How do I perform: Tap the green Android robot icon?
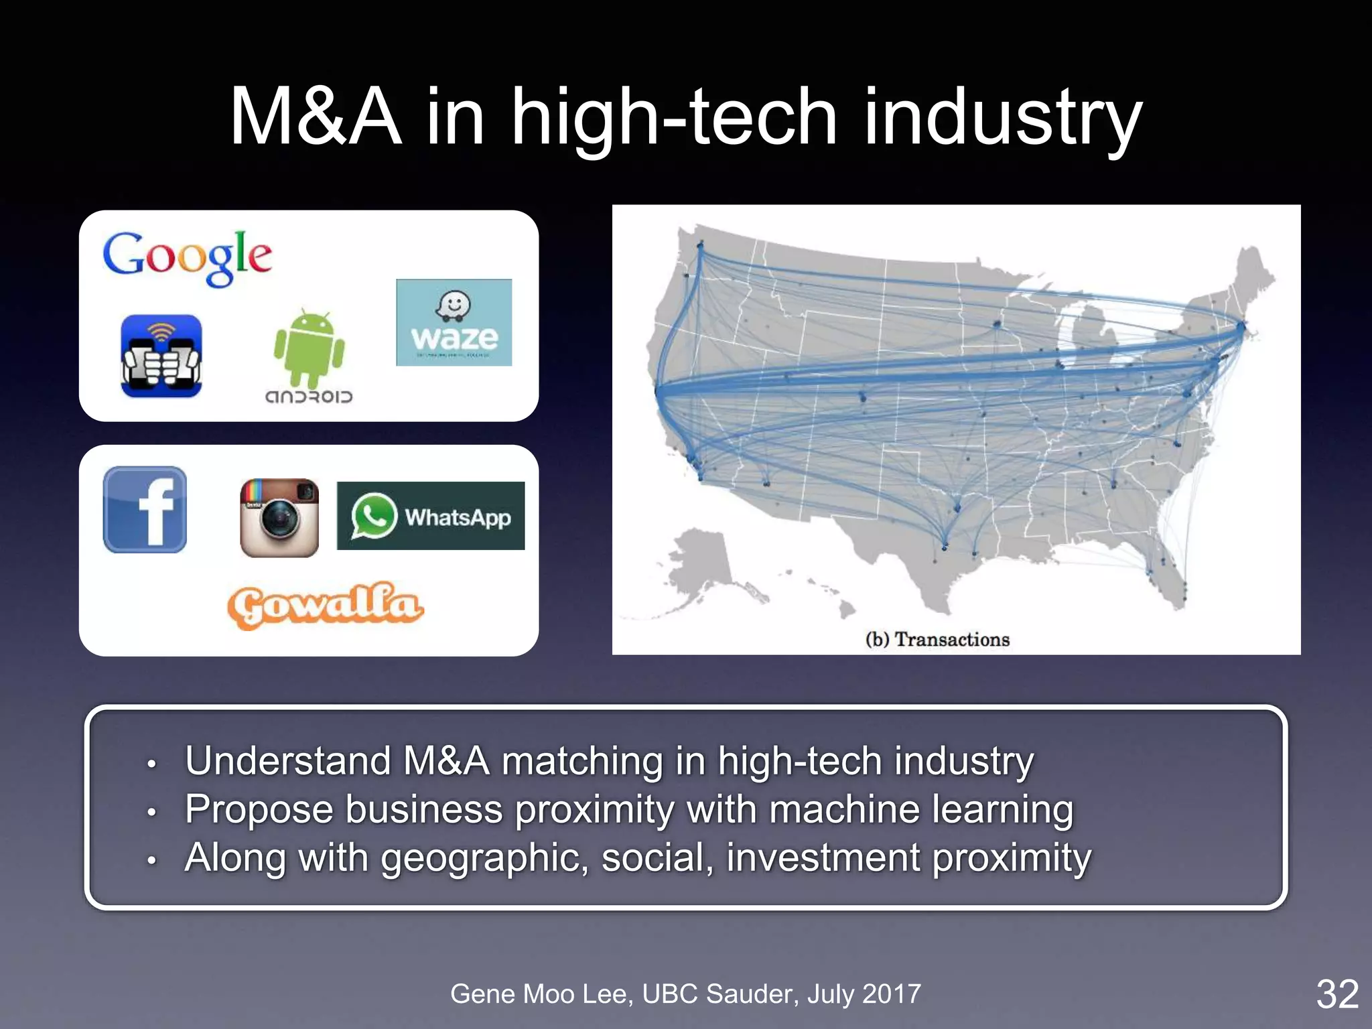[309, 348]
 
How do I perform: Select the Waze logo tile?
[454, 322]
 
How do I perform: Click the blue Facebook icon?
[145, 509]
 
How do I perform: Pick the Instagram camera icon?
[279, 517]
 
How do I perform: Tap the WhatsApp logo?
[431, 516]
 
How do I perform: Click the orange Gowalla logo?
[325, 605]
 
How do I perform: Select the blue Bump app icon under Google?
[161, 356]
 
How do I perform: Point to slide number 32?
[1337, 993]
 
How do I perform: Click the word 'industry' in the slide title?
[1002, 117]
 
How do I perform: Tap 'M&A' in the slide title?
[316, 117]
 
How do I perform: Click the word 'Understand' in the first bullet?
[288, 761]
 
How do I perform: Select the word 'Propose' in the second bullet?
[259, 809]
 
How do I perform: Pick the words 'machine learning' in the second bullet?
[920, 809]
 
